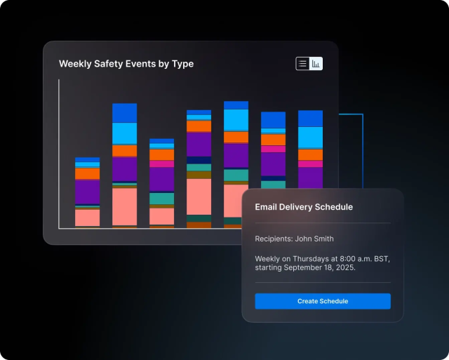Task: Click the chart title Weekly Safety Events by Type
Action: [x=126, y=64]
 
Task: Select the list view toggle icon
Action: [x=302, y=64]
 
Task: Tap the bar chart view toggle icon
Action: [x=316, y=64]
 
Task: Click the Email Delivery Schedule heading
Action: [x=304, y=207]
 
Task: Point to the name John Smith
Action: [x=314, y=239]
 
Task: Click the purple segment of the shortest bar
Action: [x=88, y=192]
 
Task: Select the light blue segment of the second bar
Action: [x=124, y=133]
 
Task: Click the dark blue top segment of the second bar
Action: [x=124, y=113]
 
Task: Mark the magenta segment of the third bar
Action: [x=161, y=164]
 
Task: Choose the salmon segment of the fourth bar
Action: [x=199, y=196]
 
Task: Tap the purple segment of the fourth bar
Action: [x=199, y=144]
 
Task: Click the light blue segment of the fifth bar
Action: [x=236, y=120]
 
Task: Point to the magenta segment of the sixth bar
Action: [x=273, y=149]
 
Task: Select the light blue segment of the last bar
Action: [x=310, y=138]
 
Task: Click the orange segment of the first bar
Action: [x=88, y=173]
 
